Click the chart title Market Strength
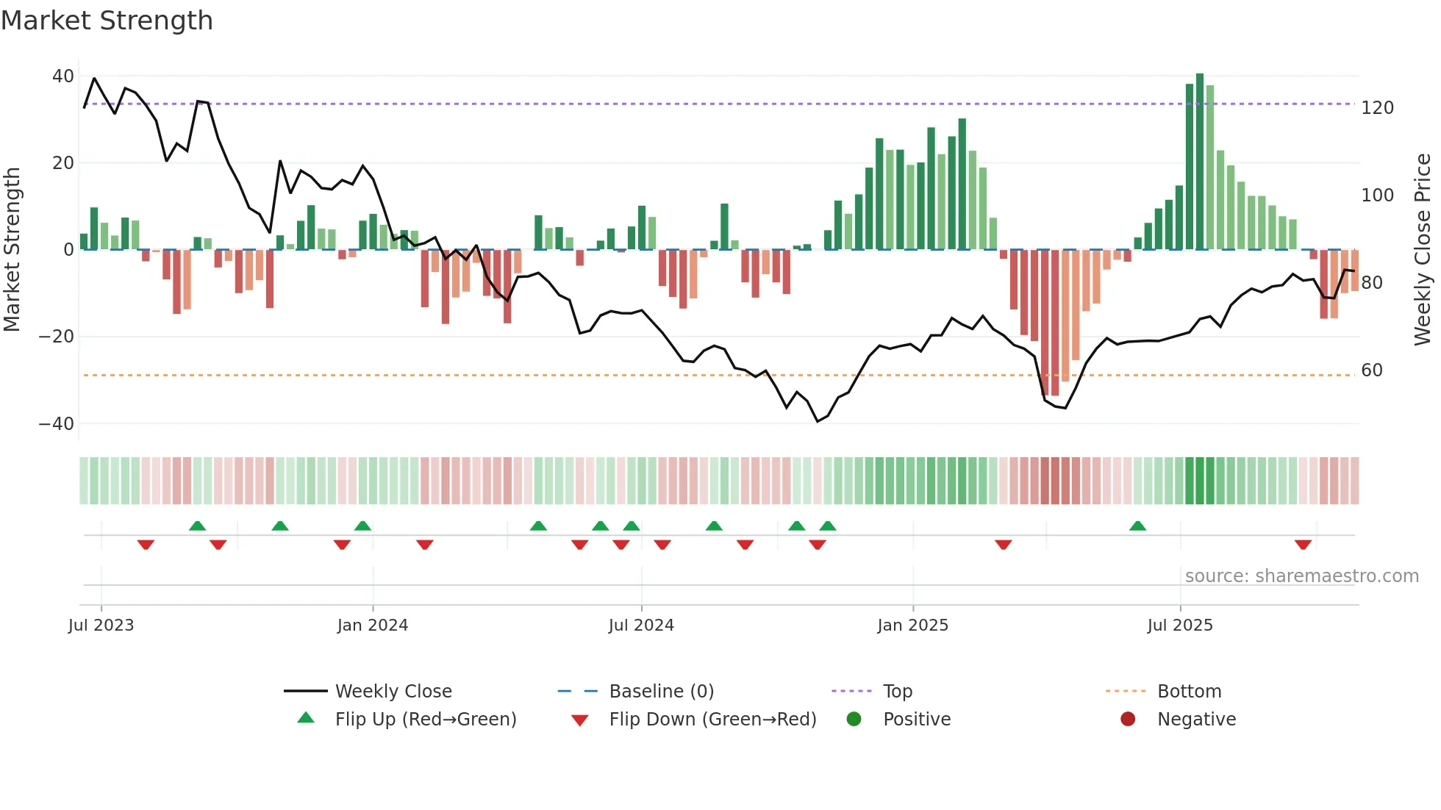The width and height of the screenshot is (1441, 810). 107,21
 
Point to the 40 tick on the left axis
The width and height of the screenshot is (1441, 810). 63,76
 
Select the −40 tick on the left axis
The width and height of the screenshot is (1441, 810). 57,424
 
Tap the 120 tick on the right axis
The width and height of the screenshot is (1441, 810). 1377,108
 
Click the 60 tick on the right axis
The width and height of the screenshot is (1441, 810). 1372,370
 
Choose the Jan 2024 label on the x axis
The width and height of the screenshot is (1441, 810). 372,626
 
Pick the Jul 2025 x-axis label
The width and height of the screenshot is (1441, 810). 1180,626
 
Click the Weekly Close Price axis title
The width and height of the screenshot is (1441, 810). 1423,250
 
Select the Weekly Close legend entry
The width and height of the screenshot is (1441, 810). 393,692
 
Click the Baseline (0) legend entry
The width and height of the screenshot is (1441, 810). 661,692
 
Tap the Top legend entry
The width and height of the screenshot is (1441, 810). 897,692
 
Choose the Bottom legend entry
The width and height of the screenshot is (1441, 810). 1189,692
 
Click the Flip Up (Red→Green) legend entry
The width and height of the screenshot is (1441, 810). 426,720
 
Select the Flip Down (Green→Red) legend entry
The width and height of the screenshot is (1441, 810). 712,720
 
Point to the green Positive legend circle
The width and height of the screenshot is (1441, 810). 854,719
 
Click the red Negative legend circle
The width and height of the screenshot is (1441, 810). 1128,719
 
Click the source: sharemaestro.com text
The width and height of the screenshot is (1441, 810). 1301,576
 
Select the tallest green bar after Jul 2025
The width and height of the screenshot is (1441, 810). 1200,162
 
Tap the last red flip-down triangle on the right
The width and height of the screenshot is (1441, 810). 1303,545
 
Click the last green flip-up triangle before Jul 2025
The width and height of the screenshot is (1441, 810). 1137,526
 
